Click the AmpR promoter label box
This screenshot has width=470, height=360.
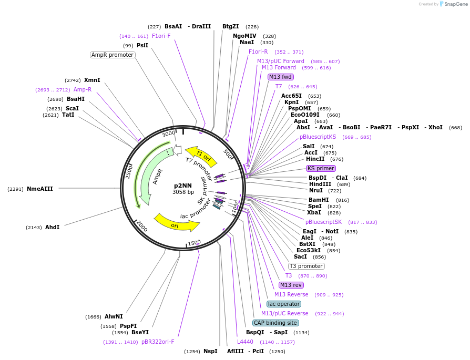point(113,55)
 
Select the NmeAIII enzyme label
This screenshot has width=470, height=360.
point(40,189)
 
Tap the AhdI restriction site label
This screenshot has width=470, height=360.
point(52,227)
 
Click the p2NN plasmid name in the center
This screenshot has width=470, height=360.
point(183,186)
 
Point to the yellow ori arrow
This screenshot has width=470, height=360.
point(176,223)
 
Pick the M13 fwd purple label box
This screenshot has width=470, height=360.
point(281,77)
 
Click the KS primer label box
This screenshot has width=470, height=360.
point(320,168)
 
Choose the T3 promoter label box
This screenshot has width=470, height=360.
point(306,266)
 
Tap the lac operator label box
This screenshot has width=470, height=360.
point(284,304)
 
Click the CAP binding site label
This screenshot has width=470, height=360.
point(275,323)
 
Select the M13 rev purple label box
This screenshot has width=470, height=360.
point(291,285)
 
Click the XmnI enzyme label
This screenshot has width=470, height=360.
point(92,80)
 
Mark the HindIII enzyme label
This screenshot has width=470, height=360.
point(320,184)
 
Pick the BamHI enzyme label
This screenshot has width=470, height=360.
point(318,200)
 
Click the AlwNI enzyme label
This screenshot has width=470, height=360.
point(114,316)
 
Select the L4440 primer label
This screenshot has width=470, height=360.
point(245,342)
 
